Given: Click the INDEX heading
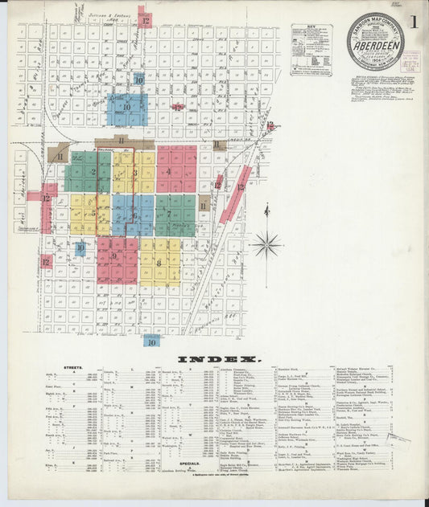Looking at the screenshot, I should (214, 359).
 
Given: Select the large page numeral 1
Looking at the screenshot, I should (411, 22).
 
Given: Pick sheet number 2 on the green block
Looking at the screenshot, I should (93, 172).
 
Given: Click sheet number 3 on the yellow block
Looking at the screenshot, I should (134, 172).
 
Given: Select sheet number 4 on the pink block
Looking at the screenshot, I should (168, 171).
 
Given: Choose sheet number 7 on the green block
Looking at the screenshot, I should (169, 214).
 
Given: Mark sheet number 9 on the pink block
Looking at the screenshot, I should (116, 256).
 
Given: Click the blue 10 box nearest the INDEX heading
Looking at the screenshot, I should (151, 341).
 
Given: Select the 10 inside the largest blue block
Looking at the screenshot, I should (126, 107).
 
